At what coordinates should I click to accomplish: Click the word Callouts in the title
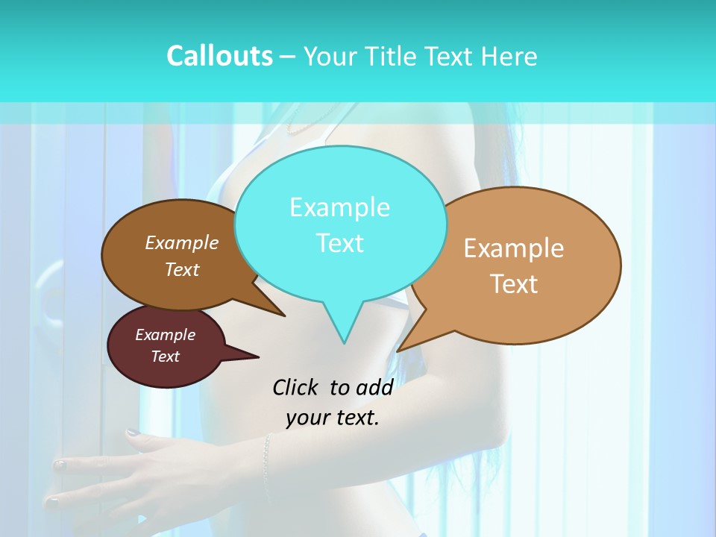coord(220,56)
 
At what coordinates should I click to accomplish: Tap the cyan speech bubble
coord(340,224)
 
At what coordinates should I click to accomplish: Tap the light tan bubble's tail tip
coord(398,351)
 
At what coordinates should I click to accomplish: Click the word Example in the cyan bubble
coord(340,207)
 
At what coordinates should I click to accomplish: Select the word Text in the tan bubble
coord(515,284)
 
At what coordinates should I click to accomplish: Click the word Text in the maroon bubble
coord(166,357)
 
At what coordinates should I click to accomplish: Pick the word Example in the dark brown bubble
coord(182,243)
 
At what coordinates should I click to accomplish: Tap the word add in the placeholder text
coord(374,387)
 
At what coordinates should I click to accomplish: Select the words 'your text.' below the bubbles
coord(333,418)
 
